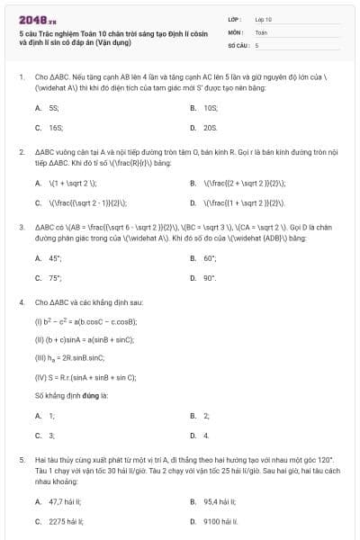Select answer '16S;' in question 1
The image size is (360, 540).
click(56, 128)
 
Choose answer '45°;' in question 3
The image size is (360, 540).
click(55, 257)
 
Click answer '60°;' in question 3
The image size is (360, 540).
click(211, 257)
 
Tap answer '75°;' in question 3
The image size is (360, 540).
click(55, 278)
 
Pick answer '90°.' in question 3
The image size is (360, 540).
click(210, 278)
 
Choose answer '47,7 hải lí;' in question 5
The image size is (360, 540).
click(65, 500)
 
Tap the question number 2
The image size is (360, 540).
click(22, 153)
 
